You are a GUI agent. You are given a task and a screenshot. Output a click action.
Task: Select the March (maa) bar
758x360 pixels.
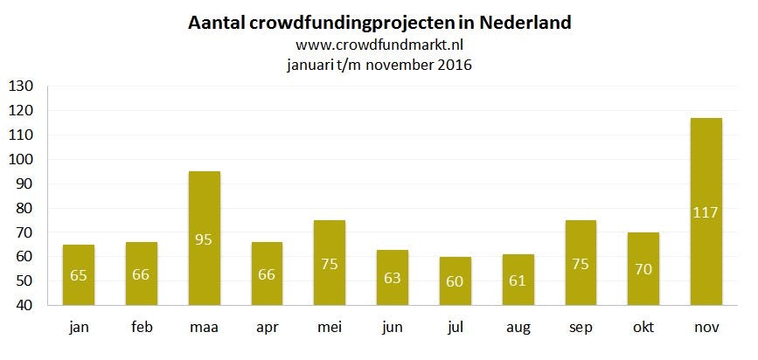[x=205, y=238]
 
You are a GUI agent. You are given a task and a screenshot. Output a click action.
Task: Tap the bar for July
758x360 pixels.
[x=455, y=280]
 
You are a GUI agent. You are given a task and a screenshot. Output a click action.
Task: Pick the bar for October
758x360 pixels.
[x=643, y=268]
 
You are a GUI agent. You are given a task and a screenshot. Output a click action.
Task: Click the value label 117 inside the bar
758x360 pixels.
[x=706, y=211]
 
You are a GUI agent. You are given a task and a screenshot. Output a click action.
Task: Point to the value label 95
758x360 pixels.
[x=205, y=238]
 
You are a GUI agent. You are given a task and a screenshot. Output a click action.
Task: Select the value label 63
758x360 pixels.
[x=393, y=278]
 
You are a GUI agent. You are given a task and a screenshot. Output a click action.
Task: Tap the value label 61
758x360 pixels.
[x=518, y=280]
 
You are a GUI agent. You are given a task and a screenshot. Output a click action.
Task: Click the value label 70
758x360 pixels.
[x=643, y=268]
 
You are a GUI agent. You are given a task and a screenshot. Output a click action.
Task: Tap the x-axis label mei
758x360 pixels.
[x=330, y=327]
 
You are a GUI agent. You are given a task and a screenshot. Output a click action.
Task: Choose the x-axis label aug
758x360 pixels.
[x=518, y=329]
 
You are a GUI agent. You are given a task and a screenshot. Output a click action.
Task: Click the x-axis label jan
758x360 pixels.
[x=79, y=327]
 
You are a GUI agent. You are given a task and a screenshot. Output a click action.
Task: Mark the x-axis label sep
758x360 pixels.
[x=581, y=329]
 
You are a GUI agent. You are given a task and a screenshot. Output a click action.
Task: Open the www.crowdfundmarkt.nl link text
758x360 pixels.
[x=379, y=45]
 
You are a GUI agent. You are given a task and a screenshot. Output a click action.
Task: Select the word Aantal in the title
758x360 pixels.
[x=214, y=22]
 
